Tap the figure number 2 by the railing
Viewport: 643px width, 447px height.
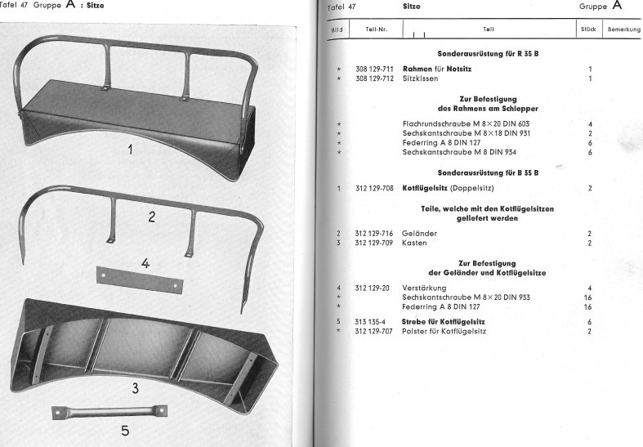[151, 217]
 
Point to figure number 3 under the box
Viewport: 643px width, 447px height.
[135, 386]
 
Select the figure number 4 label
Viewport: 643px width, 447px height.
[145, 263]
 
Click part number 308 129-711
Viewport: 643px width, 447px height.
[373, 69]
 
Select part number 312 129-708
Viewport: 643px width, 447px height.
[373, 189]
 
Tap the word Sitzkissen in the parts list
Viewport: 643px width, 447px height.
[421, 79]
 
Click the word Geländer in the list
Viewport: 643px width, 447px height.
[420, 234]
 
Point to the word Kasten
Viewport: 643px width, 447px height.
[416, 243]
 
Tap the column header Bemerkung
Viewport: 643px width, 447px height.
[623, 29]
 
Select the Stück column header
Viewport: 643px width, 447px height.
[587, 29]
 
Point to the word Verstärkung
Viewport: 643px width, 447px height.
[425, 288]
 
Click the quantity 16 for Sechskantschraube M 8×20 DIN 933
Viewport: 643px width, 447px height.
[587, 297]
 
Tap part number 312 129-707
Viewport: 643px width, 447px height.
[373, 331]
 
